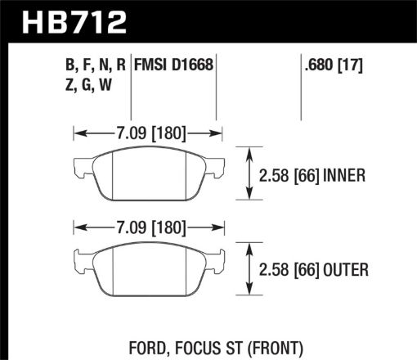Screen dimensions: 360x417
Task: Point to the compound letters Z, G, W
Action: pos(91,84)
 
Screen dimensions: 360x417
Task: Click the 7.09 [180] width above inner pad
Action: pos(147,131)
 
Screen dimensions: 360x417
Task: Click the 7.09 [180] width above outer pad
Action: pos(147,227)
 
